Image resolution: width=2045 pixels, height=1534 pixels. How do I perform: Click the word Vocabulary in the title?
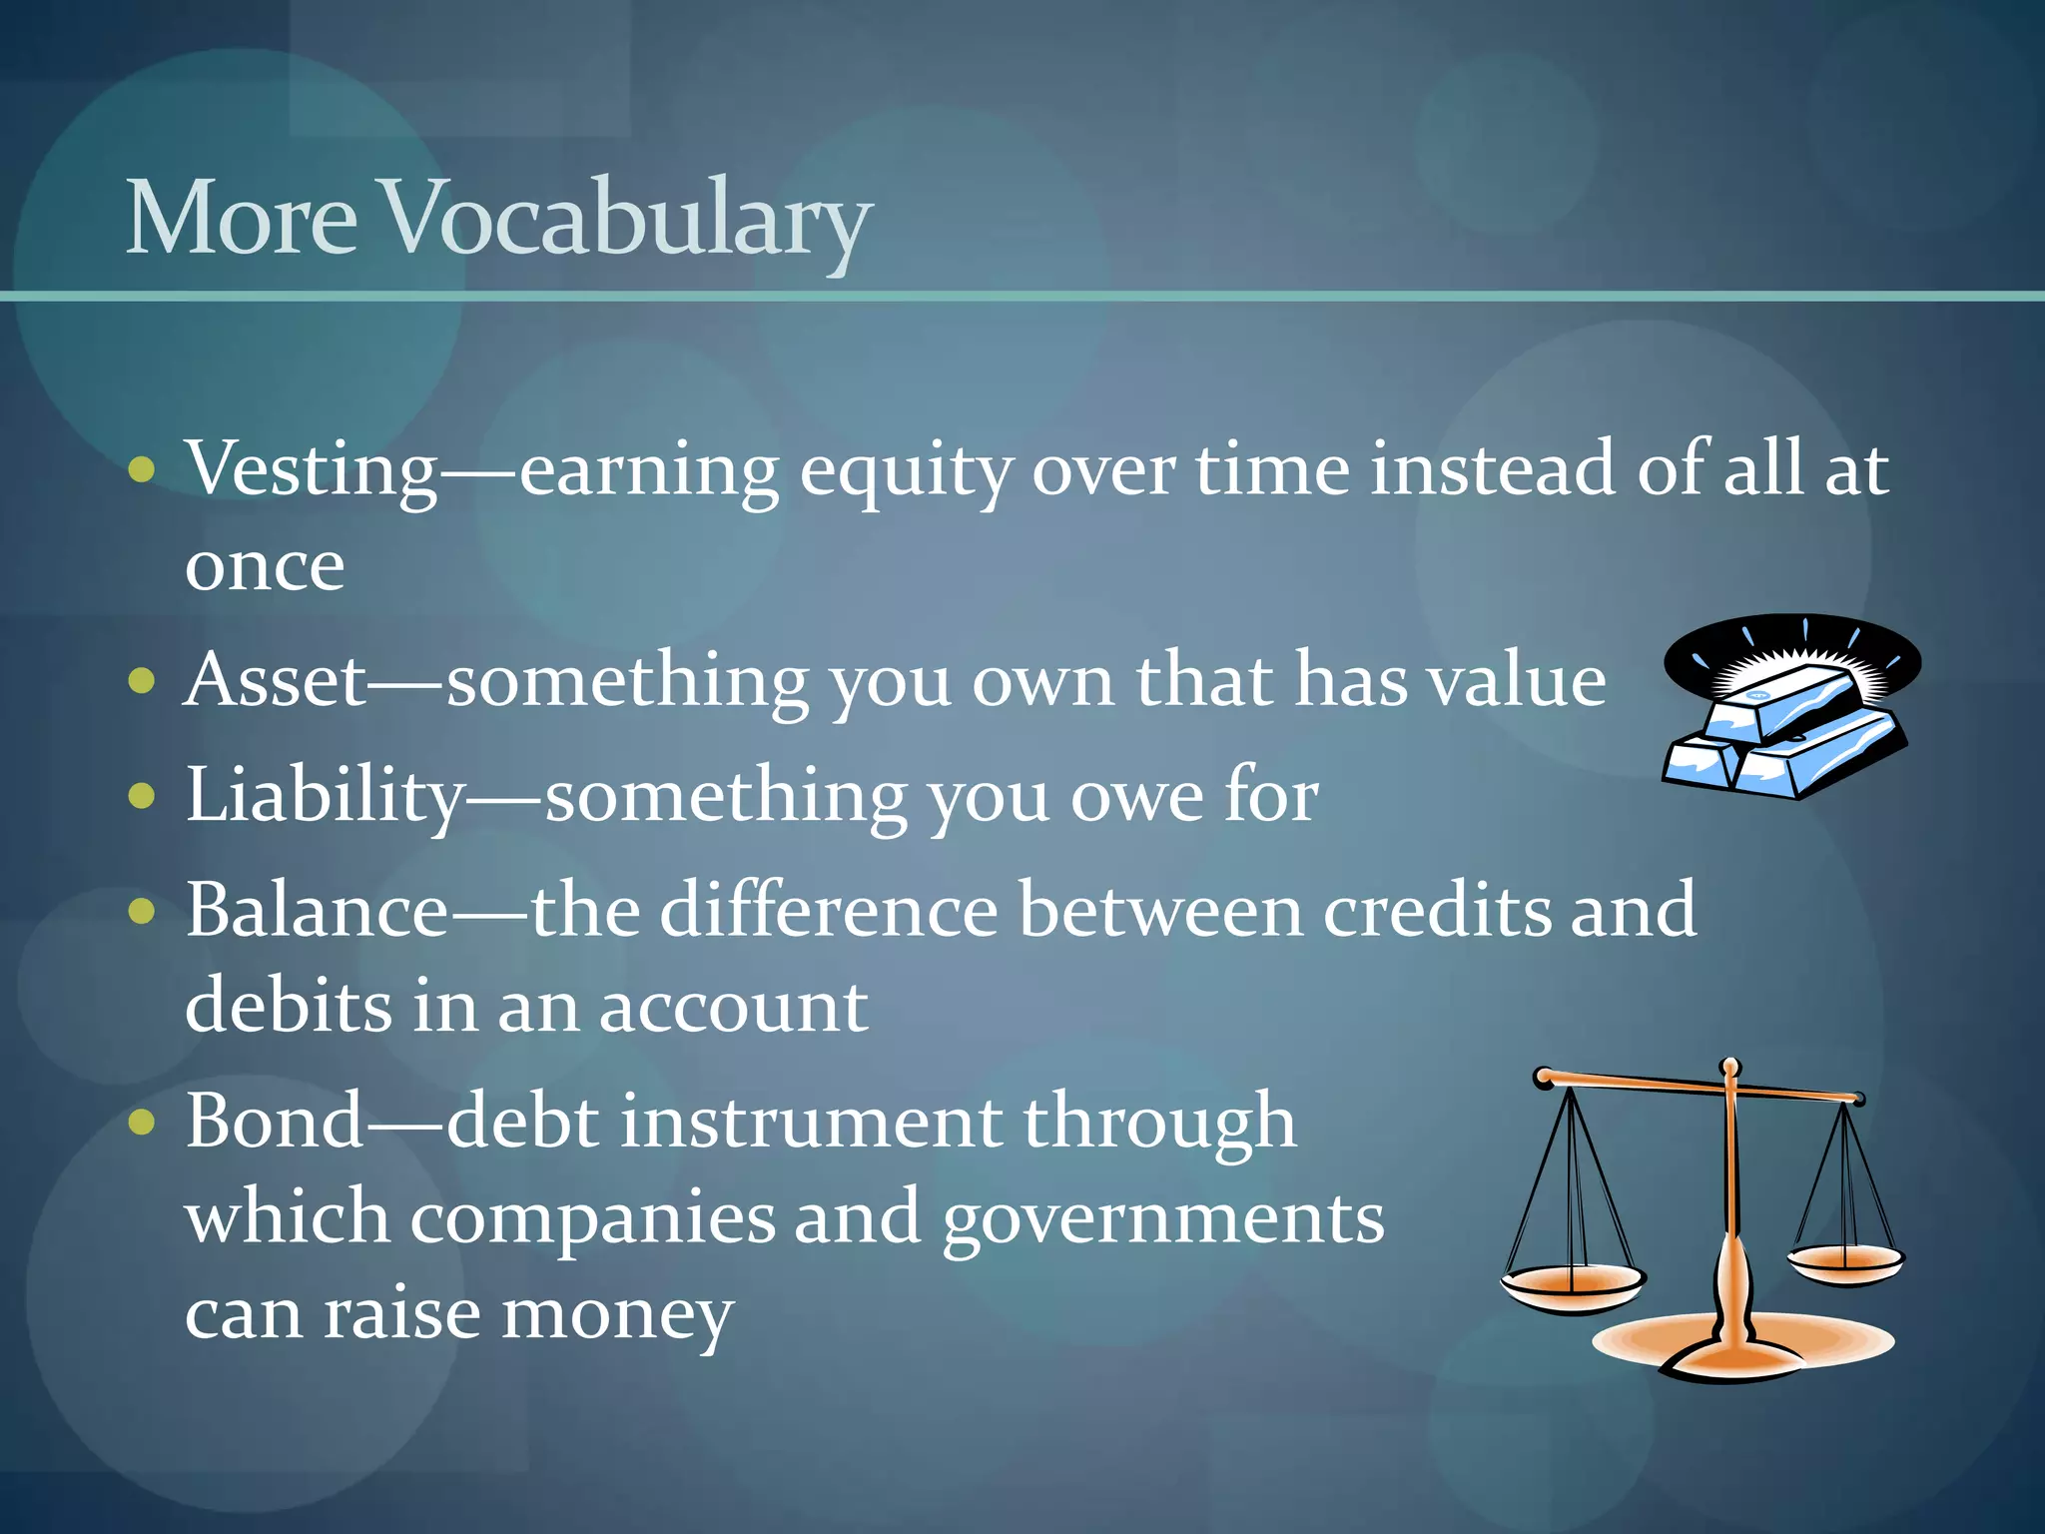tap(627, 220)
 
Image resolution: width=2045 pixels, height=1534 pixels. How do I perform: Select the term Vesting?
tap(312, 469)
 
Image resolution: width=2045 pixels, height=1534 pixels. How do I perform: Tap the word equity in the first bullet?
tap(907, 471)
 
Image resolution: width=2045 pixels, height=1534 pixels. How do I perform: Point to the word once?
tap(265, 566)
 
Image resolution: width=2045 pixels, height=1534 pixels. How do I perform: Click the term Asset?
tap(276, 681)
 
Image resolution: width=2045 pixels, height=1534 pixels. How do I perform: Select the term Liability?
tap(325, 796)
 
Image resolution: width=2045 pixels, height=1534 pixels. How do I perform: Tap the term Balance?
tap(318, 911)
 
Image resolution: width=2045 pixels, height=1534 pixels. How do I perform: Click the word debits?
tap(289, 1007)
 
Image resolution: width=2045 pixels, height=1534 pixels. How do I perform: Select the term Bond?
tap(275, 1122)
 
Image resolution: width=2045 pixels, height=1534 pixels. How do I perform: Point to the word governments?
tap(1163, 1220)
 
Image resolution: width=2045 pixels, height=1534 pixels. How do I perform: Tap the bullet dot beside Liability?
tap(143, 797)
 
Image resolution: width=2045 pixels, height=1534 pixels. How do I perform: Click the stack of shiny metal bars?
tap(1787, 734)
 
